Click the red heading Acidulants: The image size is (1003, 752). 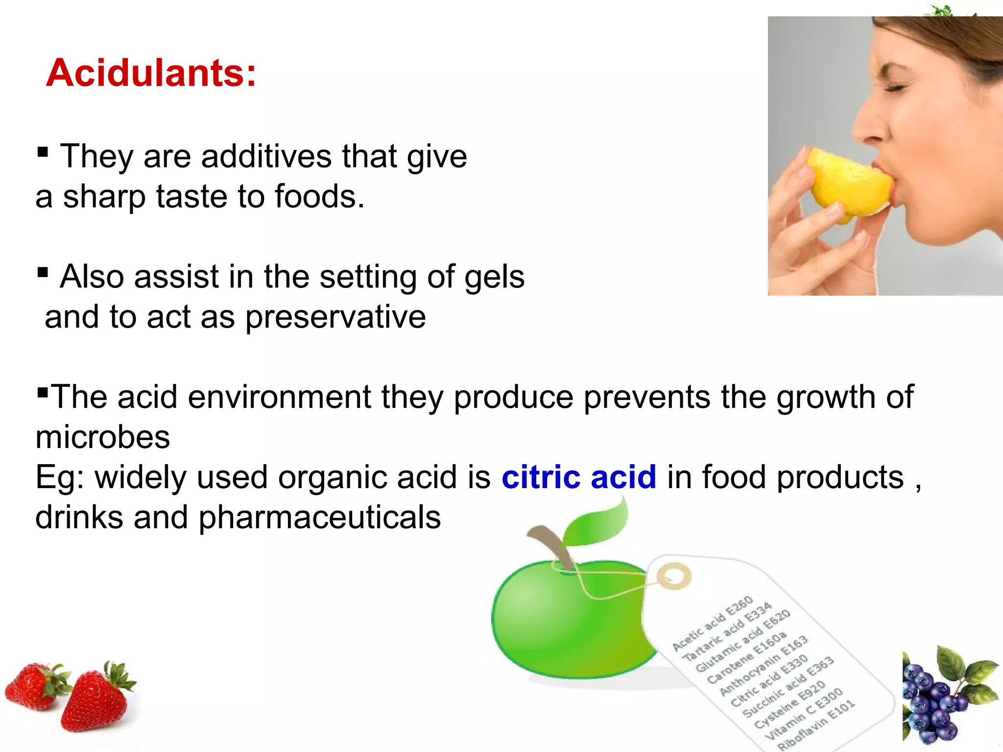[151, 73]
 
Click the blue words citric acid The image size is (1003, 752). [578, 477]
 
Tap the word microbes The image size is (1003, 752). [103, 437]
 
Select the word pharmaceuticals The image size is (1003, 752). [319, 518]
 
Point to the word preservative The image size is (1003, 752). [335, 317]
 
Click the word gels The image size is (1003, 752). [494, 277]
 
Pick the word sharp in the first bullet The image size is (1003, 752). [104, 197]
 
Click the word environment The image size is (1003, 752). [279, 397]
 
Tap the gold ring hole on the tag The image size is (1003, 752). [674, 576]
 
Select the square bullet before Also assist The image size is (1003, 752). [43, 272]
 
